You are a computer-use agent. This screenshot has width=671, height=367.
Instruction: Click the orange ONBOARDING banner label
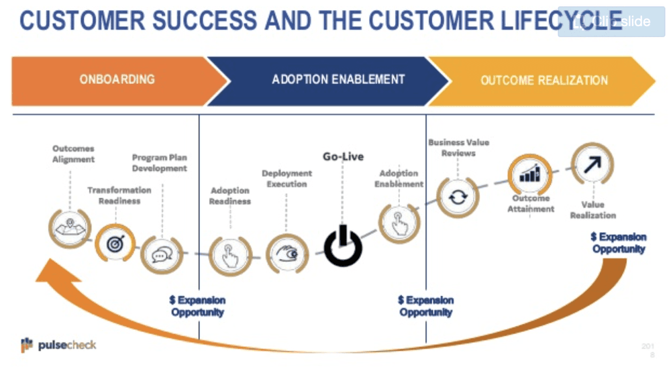point(117,79)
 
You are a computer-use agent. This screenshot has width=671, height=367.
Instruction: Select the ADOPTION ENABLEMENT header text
point(338,79)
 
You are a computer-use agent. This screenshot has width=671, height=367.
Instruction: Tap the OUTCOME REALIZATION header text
point(544,81)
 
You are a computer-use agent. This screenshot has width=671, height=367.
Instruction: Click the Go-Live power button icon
point(343,248)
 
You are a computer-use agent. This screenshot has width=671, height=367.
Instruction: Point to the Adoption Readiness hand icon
point(229,255)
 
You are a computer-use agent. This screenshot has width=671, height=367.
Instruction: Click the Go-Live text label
point(343,157)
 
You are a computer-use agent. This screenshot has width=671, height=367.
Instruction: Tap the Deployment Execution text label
point(287,178)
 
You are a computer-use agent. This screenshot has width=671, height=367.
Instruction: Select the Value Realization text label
point(592,209)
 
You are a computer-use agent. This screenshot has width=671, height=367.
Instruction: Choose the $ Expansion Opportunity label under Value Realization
point(618,243)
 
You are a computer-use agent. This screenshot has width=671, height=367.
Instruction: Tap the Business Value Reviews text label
point(459,148)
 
